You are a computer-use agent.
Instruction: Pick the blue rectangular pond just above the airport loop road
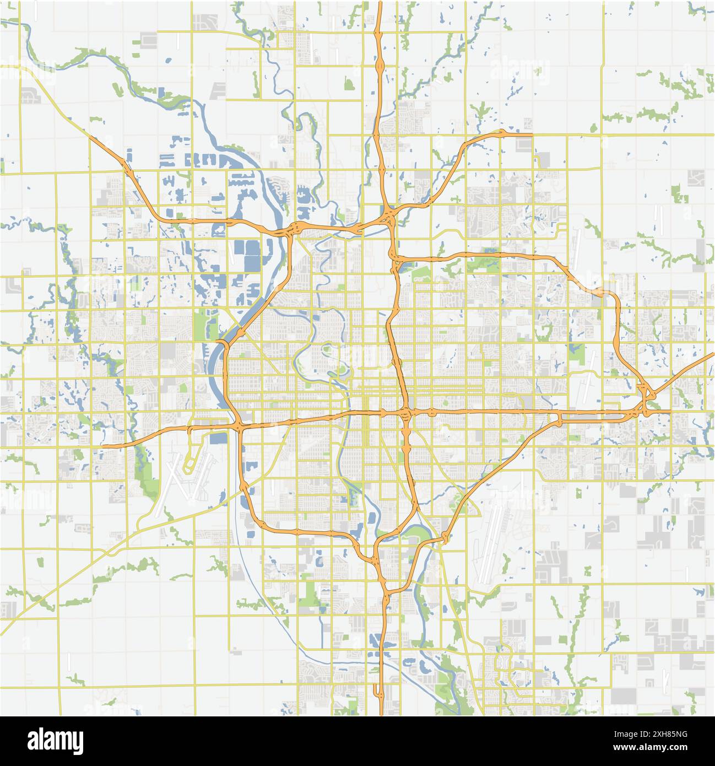(x=218, y=438)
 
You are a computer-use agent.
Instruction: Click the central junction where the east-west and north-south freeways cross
(x=406, y=412)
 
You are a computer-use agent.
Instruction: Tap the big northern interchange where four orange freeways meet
(x=390, y=218)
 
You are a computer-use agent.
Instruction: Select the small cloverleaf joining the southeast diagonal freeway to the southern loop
(x=445, y=537)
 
